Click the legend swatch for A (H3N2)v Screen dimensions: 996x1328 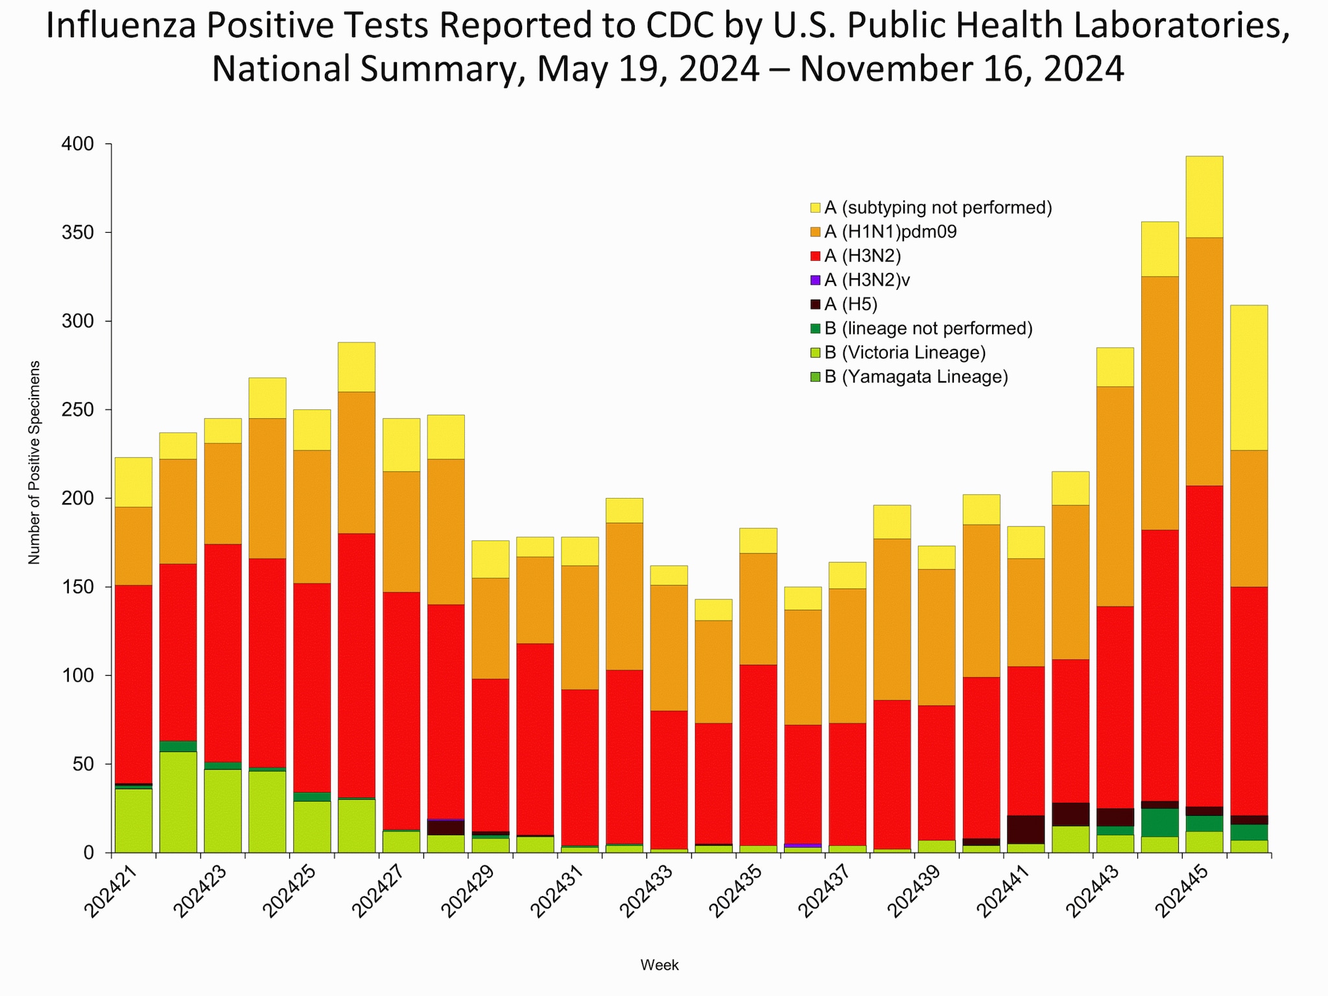(x=816, y=280)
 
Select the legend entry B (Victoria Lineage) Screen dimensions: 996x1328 (x=905, y=353)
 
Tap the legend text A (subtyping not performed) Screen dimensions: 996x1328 (x=938, y=207)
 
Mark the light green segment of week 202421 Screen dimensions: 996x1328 (x=134, y=820)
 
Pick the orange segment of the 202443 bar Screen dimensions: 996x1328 (x=1115, y=496)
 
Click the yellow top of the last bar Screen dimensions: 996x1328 (x=1249, y=377)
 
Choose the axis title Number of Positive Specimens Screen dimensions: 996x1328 (x=34, y=462)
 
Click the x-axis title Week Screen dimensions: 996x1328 (x=659, y=965)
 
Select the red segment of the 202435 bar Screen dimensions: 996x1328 (x=758, y=755)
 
